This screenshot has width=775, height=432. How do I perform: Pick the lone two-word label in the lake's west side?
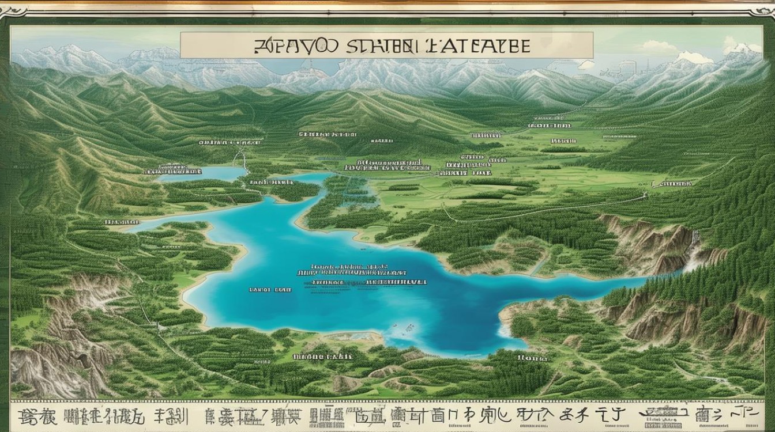click(270, 289)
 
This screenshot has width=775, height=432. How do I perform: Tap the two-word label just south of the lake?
click(323, 357)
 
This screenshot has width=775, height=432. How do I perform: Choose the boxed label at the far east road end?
click(672, 184)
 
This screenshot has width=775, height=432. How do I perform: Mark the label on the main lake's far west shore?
click(122, 221)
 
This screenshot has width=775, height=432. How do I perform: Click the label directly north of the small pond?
click(221, 142)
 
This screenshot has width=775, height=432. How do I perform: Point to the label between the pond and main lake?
click(272, 182)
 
